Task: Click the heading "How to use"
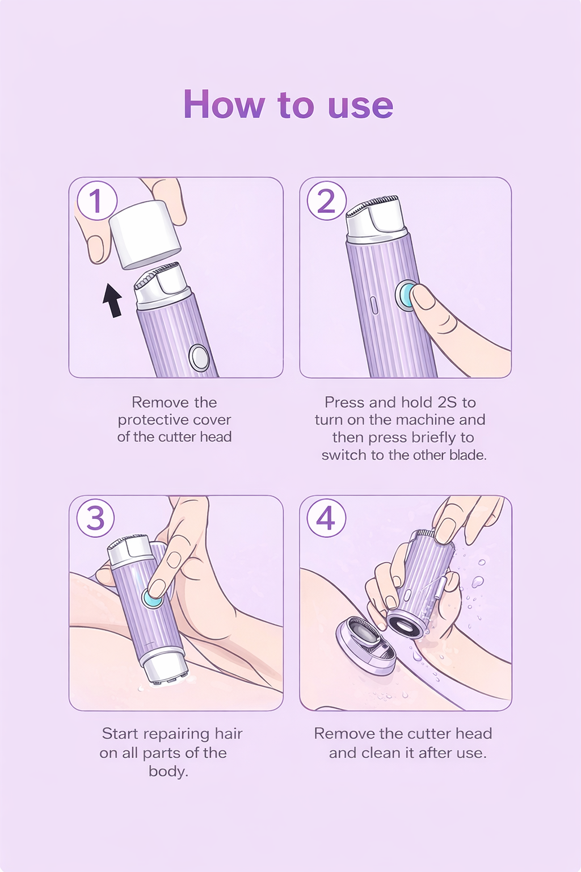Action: (288, 104)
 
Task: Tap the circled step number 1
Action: (97, 200)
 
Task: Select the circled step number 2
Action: (326, 200)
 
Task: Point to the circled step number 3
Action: (96, 518)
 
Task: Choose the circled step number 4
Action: (326, 518)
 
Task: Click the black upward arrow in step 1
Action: (112, 300)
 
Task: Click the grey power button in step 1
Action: (199, 358)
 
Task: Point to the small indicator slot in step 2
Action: (374, 305)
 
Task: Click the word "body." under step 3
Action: (169, 771)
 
